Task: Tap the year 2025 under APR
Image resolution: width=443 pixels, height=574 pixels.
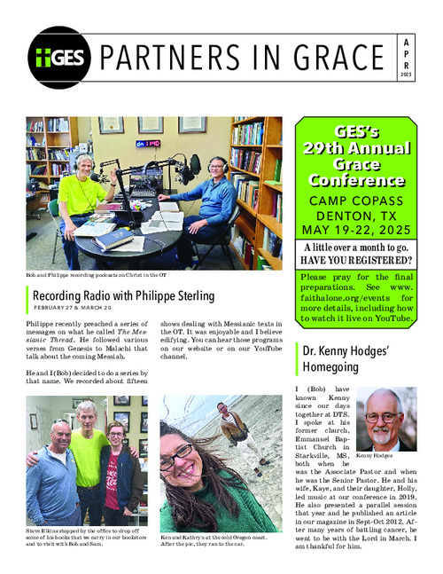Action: pyautogui.click(x=406, y=75)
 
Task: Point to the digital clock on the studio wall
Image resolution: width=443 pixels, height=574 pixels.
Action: pyautogui.click(x=147, y=143)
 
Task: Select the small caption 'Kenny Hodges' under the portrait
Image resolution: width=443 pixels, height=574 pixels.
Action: pyautogui.click(x=374, y=455)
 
